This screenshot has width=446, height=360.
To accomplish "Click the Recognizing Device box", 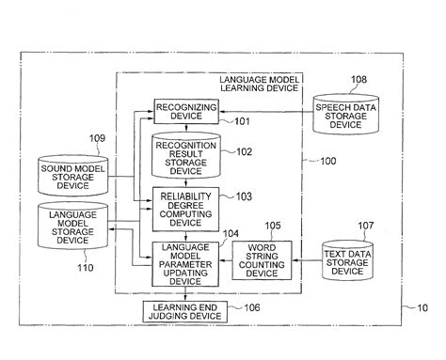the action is point(186,112).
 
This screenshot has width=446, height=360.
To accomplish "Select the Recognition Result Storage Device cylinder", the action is point(186,155).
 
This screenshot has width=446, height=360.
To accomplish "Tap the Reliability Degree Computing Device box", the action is point(185,210).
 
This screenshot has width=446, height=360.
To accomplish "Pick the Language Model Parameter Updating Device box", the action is point(185,264).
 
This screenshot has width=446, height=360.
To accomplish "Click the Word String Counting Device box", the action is point(262,260).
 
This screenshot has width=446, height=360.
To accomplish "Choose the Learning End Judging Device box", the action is point(185,311).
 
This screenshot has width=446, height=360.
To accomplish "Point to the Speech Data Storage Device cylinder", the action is point(346,115).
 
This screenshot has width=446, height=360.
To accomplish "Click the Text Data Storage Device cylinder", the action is point(347,260).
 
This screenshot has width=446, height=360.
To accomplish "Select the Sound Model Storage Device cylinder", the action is point(73,176).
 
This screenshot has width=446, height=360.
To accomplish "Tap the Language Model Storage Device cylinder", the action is point(72,226).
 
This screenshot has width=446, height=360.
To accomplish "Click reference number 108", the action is point(358,80).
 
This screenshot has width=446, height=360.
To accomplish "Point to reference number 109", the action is point(97,138).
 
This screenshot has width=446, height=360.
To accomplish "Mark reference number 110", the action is point(86,268).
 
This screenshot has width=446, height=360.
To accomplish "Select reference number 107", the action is point(366,226).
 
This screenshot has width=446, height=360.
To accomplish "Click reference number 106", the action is point(252,307).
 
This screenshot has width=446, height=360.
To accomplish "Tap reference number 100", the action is point(328,161).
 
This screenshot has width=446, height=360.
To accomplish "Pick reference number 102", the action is point(244,152).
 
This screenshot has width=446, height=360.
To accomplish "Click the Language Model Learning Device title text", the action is point(260,84).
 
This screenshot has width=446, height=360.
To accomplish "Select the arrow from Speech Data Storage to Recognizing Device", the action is point(266,112).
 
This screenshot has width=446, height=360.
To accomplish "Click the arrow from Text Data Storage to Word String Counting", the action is point(307,260).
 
